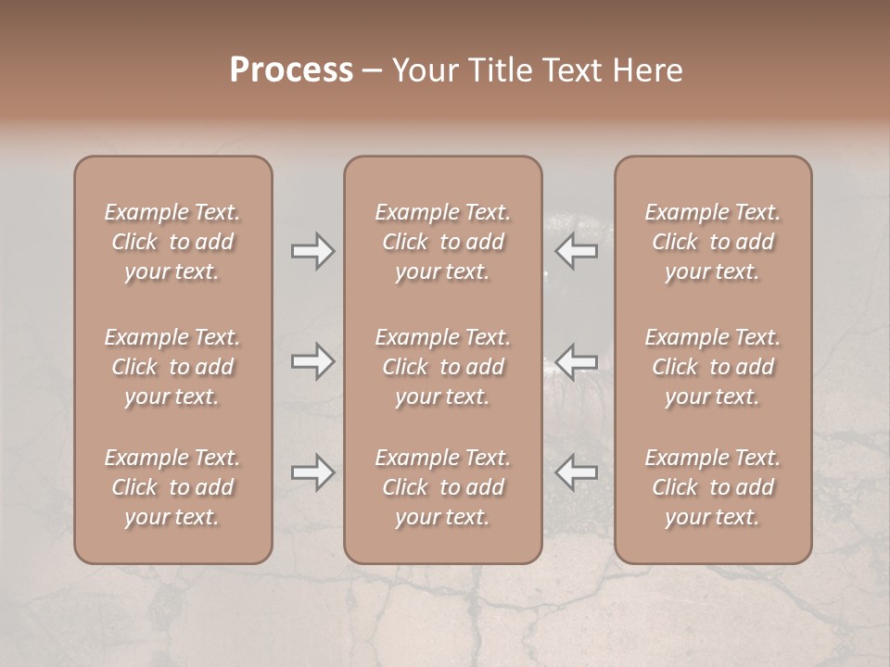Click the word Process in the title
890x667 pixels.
click(x=291, y=70)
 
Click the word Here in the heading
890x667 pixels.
click(x=651, y=70)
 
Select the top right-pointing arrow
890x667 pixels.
click(x=312, y=251)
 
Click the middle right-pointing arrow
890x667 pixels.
click(x=312, y=361)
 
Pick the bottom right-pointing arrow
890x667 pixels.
click(x=312, y=472)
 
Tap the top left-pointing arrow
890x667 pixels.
click(x=576, y=251)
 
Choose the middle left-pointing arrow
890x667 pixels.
click(x=576, y=361)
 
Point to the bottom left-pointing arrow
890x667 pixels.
click(x=576, y=472)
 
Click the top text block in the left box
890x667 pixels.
click(x=172, y=242)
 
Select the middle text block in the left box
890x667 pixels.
click(x=172, y=367)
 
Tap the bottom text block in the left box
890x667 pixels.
click(x=172, y=487)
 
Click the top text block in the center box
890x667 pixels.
click(x=443, y=242)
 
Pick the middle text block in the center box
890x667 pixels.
click(x=443, y=367)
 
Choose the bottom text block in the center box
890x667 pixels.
click(x=443, y=487)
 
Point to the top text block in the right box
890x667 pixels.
click(x=713, y=242)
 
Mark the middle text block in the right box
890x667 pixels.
click(x=713, y=367)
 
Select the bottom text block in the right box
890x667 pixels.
click(x=713, y=487)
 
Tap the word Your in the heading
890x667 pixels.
click(x=422, y=70)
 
